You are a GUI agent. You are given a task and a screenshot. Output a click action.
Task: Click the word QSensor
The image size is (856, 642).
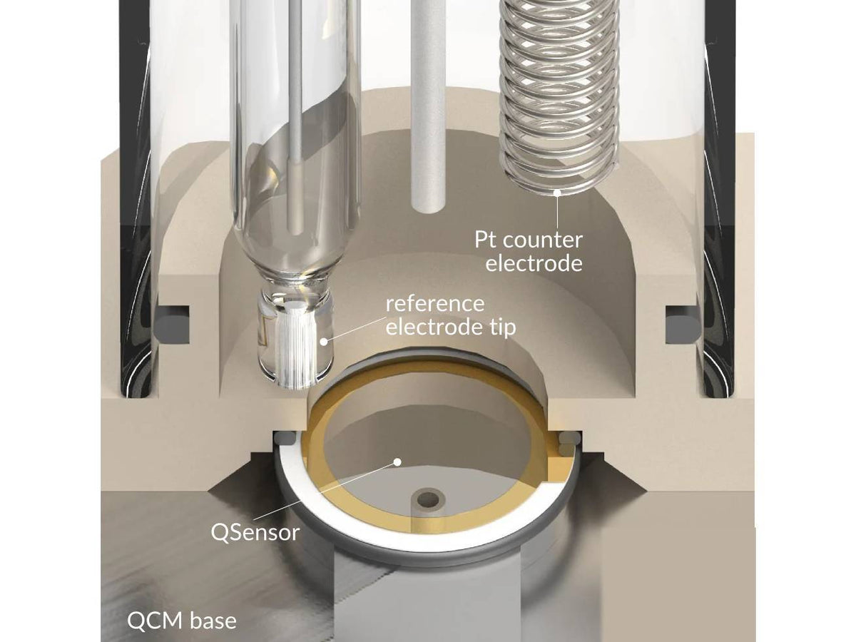click(x=255, y=532)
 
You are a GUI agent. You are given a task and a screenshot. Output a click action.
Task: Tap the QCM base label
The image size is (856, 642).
click(x=182, y=621)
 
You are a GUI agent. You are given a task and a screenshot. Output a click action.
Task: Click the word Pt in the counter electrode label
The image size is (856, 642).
click(x=486, y=240)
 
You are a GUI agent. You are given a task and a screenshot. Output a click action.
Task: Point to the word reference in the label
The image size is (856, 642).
click(x=435, y=303)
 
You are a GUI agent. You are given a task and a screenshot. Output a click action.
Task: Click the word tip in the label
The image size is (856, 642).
click(x=503, y=327)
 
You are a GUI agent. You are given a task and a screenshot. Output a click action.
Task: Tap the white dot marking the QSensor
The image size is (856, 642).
click(x=397, y=462)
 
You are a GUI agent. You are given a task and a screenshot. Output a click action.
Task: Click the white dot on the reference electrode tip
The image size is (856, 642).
click(x=324, y=342)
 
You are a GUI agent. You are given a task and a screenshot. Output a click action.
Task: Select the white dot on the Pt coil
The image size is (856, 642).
click(x=558, y=192)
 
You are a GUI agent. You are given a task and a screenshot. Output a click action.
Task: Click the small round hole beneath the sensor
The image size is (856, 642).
click(x=428, y=499)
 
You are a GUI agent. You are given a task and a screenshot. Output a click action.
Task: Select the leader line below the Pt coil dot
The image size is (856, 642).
click(x=558, y=212)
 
